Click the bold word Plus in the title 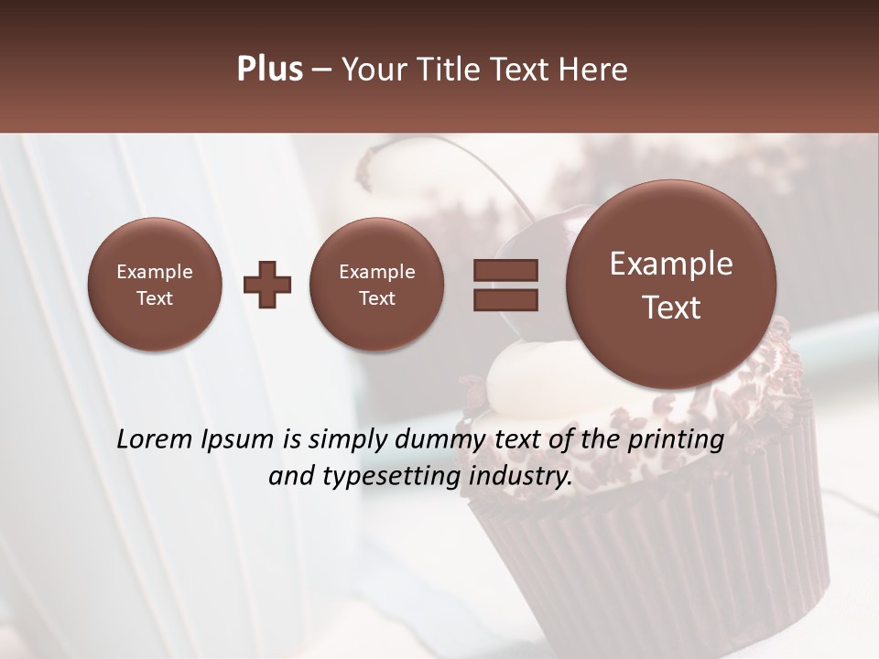coord(269,70)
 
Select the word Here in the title coord(596,70)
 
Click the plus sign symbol coord(267,285)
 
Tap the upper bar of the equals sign coord(505,270)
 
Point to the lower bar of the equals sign coord(505,300)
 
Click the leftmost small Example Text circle coord(154,285)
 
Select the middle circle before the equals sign coord(376,285)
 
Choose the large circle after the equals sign coord(671,285)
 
